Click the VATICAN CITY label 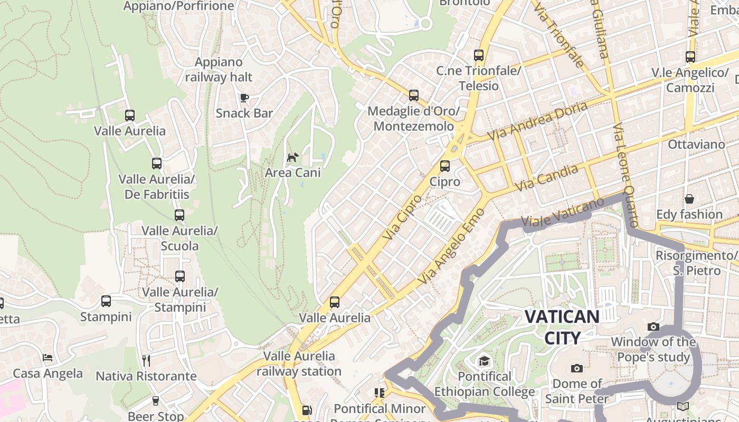click(562, 327)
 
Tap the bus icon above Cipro click(445, 166)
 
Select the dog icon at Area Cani click(292, 157)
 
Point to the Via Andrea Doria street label click(537, 121)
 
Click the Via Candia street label click(546, 178)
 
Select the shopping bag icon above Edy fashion click(689, 199)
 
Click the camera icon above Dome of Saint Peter click(576, 368)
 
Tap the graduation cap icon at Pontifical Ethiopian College click(484, 361)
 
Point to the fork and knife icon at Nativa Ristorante click(146, 360)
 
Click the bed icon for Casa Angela click(48, 358)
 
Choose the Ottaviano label click(696, 144)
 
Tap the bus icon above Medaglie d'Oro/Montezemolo click(414, 95)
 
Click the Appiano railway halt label click(219, 70)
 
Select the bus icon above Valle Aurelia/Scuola click(179, 215)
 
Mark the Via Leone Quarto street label click(625, 176)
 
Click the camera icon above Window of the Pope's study click(653, 327)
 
